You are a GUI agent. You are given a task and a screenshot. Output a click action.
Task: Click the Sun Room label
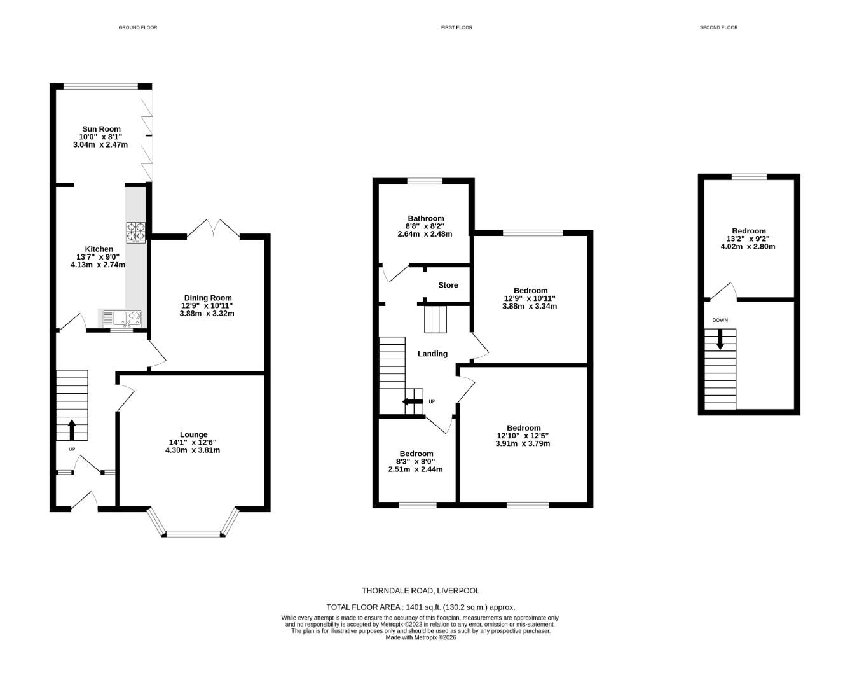(x=100, y=129)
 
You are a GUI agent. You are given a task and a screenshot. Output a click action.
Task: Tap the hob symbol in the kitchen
(x=135, y=232)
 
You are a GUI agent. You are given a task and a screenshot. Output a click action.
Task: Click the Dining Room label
(x=207, y=298)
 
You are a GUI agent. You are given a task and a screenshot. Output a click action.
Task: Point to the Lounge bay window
(x=193, y=533)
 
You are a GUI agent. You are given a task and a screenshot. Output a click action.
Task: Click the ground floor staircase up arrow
(x=71, y=430)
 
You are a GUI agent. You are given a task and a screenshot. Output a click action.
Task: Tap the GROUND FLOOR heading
(x=137, y=27)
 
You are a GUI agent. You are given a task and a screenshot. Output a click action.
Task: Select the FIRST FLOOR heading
(x=456, y=27)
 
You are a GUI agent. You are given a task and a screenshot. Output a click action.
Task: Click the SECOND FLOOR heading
(x=718, y=27)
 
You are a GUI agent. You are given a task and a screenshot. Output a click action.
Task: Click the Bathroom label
(x=425, y=218)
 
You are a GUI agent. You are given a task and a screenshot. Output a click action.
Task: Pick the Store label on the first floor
(x=448, y=285)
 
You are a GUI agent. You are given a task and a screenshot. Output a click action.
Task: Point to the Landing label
(x=432, y=354)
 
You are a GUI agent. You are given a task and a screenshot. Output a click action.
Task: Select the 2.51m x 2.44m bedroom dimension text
(x=415, y=469)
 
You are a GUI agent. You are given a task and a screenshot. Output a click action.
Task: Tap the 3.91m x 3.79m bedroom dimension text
(x=523, y=443)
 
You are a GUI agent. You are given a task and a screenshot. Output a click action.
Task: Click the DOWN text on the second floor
(x=720, y=320)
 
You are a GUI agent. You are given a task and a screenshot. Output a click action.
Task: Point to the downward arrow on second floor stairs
(x=720, y=340)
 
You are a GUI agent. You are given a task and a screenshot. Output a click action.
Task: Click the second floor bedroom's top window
(x=748, y=177)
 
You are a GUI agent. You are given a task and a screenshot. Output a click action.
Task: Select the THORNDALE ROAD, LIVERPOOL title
(x=420, y=591)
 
